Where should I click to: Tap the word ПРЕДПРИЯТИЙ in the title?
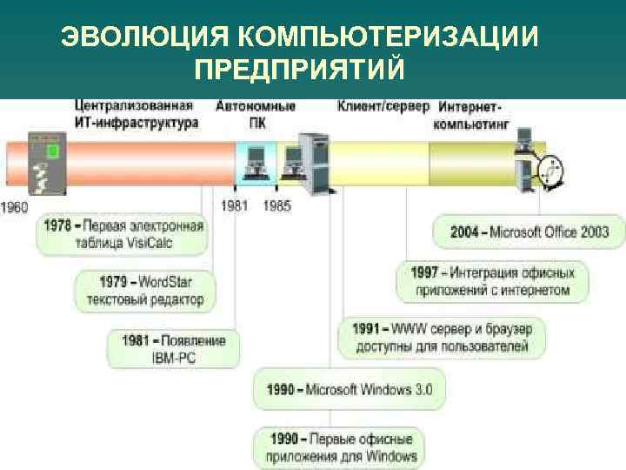tap(301, 69)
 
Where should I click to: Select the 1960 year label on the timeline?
tap(14, 207)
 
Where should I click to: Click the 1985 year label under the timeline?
tap(276, 206)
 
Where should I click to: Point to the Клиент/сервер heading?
tap(383, 106)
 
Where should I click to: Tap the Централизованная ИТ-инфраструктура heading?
tap(136, 115)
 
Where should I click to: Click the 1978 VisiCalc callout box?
tap(123, 234)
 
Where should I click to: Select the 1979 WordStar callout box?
tap(145, 290)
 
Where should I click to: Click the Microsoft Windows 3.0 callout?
tap(350, 389)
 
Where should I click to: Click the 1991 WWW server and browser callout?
tap(442, 338)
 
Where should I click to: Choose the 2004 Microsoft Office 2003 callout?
tap(529, 232)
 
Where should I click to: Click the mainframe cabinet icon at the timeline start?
tap(43, 163)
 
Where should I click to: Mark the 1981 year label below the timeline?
tap(235, 206)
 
